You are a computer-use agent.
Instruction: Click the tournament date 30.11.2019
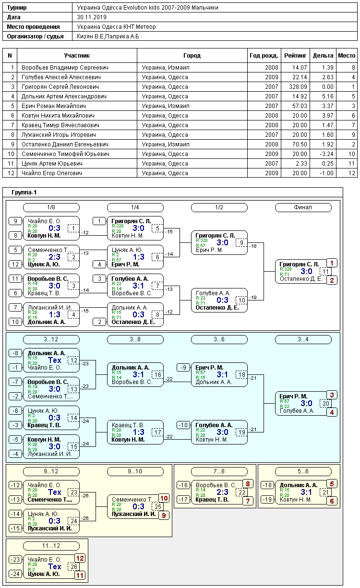92,17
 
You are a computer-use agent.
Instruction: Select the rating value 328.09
298,87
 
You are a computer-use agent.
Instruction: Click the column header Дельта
323,56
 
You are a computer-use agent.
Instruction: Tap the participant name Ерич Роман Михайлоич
54,106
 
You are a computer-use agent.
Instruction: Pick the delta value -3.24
327,154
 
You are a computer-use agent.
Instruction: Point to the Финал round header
303,207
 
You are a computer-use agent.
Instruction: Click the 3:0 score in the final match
306,271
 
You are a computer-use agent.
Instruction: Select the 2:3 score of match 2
55,257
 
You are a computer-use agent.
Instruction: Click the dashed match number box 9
241,242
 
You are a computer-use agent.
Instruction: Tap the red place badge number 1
332,263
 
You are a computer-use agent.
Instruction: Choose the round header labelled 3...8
135,339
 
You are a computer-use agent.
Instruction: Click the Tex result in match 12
55,360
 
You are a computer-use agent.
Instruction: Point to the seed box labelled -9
183,368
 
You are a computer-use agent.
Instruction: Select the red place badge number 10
164,498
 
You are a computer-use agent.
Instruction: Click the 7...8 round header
219,471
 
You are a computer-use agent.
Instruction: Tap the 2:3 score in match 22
223,492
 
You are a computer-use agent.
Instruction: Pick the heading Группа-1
24,192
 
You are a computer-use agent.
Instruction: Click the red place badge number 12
80,558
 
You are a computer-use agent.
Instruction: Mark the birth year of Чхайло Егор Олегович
272,173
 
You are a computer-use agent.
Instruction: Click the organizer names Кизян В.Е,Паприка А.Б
108,36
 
